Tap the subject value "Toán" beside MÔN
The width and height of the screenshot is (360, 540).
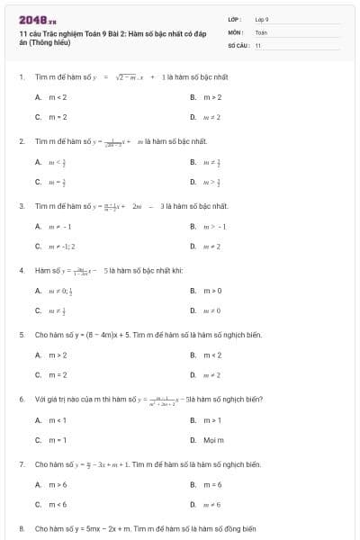[x=261, y=31]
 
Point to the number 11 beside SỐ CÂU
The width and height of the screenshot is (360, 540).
[x=258, y=44]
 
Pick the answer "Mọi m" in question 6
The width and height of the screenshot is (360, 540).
[x=213, y=440]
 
